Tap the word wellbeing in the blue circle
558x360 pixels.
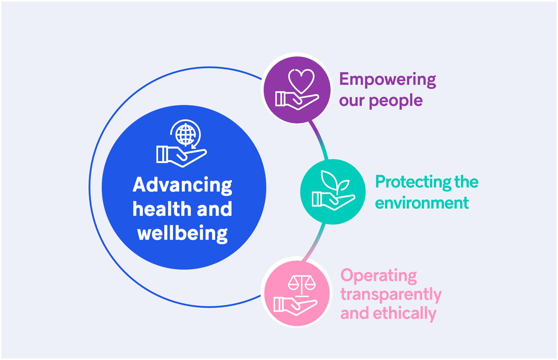pyautogui.click(x=182, y=234)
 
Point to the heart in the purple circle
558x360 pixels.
pyautogui.click(x=301, y=81)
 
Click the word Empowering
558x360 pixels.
pyautogui.click(x=388, y=80)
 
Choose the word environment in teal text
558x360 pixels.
pyautogui.click(x=422, y=203)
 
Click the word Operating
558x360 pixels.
pyautogui.click(x=379, y=275)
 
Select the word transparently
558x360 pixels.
pyautogui.click(x=391, y=294)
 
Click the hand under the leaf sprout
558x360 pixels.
pyautogui.click(x=334, y=201)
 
